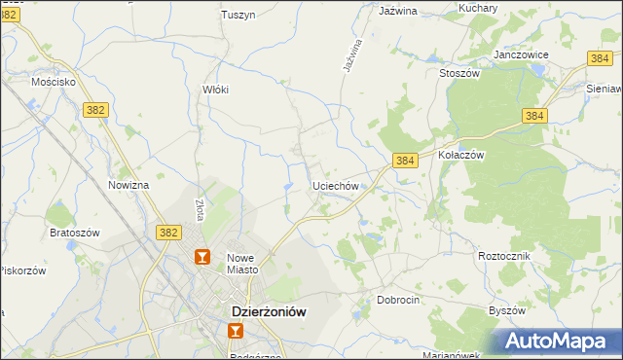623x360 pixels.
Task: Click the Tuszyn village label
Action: click(238, 15)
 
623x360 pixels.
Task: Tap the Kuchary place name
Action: click(478, 8)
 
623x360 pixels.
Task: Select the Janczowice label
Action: click(520, 54)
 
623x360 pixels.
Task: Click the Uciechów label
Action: click(336, 185)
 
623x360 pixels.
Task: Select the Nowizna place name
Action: click(128, 185)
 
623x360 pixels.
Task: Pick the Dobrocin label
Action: click(398, 300)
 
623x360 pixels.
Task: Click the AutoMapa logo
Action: click(556, 341)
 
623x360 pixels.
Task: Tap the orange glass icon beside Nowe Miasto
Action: click(203, 258)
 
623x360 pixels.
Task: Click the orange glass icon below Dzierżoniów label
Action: click(235, 332)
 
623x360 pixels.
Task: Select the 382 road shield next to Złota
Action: click(168, 232)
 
